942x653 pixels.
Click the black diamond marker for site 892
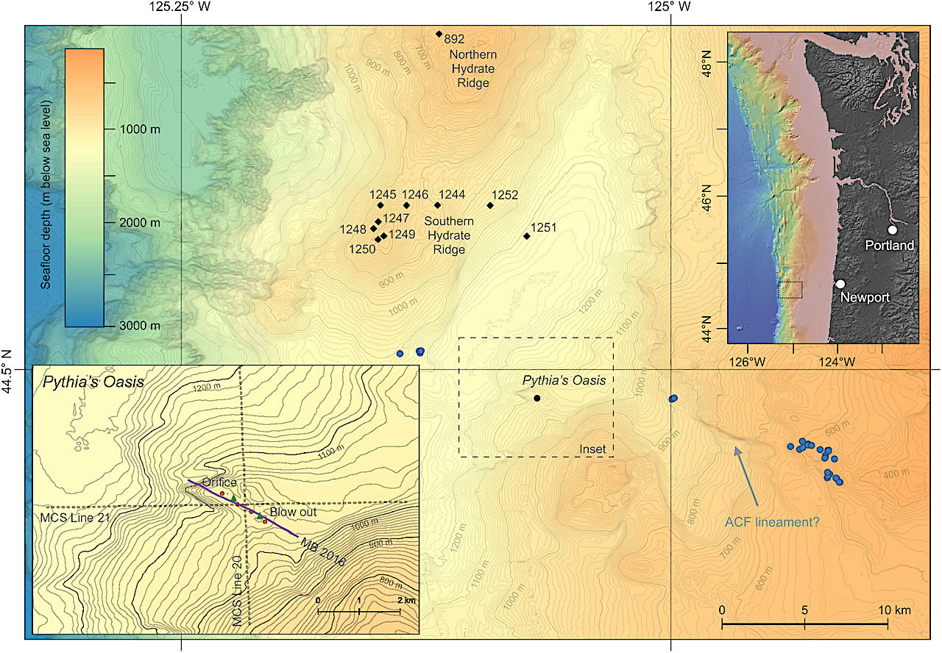439,34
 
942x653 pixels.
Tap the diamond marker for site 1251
526,236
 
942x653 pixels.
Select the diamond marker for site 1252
490,205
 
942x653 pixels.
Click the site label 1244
451,195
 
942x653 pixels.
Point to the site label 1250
362,249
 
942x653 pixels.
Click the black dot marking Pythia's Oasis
537,399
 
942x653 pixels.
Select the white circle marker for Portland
893,229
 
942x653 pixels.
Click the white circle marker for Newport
840,284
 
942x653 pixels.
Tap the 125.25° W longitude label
181,8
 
